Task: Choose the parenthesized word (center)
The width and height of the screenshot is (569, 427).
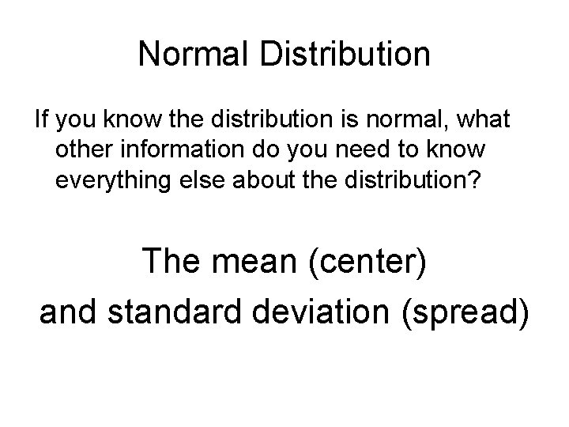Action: click(x=371, y=261)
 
